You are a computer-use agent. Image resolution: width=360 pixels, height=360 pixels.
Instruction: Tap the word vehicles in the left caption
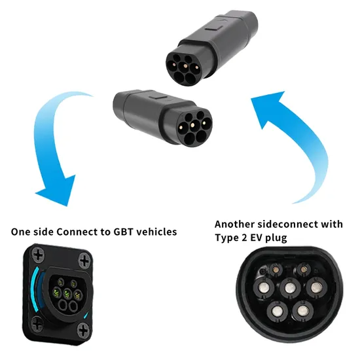tap(156, 232)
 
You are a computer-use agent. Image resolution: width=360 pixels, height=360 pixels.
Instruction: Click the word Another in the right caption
tap(234, 224)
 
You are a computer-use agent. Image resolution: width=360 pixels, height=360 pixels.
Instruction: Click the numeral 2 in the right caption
tap(244, 238)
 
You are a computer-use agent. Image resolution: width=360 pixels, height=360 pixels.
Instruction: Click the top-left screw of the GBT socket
tap(38, 255)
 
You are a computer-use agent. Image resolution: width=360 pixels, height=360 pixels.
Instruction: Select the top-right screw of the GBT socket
tap(84, 261)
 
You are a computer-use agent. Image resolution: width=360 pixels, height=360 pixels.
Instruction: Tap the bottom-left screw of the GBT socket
tap(37, 324)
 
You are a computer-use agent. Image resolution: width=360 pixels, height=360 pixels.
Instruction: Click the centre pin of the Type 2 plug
tap(290, 287)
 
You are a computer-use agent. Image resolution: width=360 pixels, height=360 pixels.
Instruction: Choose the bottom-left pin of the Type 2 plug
tap(278, 312)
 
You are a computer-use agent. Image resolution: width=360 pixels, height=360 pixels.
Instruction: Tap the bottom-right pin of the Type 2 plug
tap(302, 311)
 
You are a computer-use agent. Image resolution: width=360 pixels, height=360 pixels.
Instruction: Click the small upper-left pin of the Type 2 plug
tap(276, 270)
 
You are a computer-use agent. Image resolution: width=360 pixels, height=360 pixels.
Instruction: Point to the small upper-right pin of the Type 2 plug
tap(303, 269)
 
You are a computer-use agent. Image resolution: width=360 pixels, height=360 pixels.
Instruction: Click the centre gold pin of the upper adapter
tap(185, 66)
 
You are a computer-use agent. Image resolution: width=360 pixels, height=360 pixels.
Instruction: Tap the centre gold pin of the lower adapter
tap(192, 125)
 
